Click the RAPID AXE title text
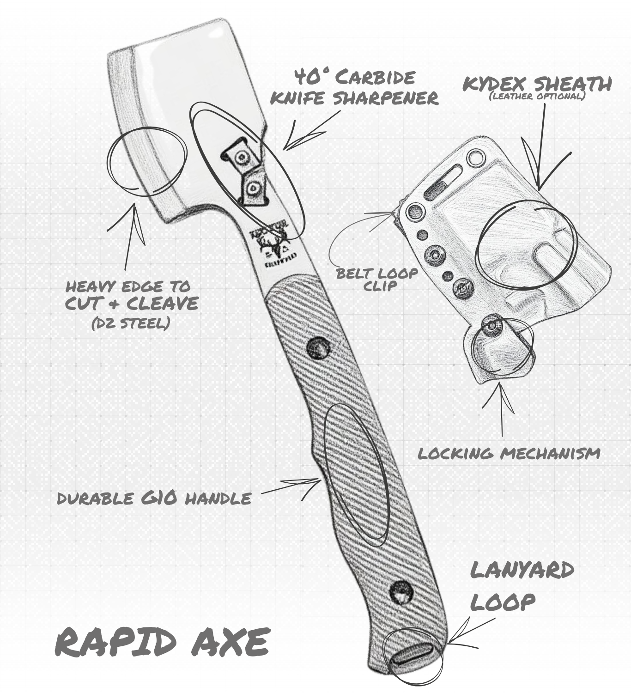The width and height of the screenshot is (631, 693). (162, 642)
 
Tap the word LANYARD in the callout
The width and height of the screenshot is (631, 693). (522, 571)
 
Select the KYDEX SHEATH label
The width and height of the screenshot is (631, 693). (537, 84)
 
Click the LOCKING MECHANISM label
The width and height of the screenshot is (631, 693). (509, 453)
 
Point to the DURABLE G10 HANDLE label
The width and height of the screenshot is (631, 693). (154, 498)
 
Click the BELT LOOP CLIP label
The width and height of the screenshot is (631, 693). (376, 279)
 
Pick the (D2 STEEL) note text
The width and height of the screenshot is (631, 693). (130, 323)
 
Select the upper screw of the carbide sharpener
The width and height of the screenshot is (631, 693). (241, 158)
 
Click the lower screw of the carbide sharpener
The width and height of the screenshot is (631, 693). (253, 188)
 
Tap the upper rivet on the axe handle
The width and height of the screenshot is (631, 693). (317, 346)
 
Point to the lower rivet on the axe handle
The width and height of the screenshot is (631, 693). (400, 592)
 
